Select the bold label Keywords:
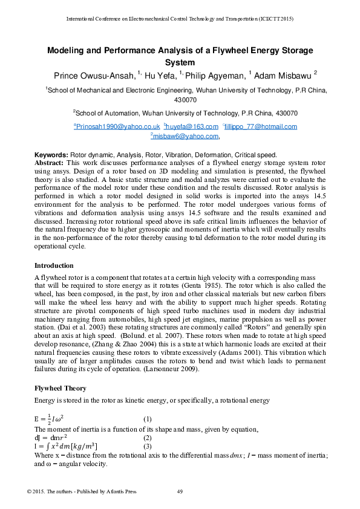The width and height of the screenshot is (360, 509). pyautogui.click(x=51, y=155)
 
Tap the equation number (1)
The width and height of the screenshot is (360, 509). pyautogui.click(x=147, y=419)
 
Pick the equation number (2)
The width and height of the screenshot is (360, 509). pyautogui.click(x=147, y=437)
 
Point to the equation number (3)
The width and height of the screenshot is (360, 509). pyautogui.click(x=147, y=446)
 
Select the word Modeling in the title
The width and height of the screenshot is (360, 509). pyautogui.click(x=68, y=51)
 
